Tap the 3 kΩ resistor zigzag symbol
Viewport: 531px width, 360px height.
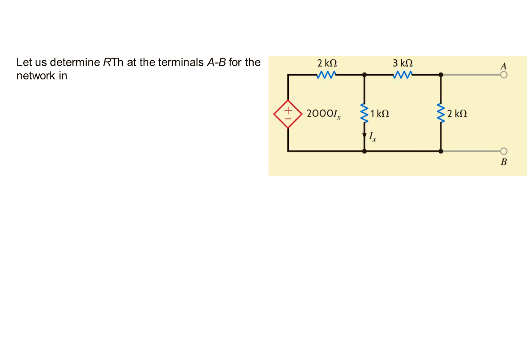tap(402, 75)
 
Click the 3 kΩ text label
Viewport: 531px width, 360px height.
tap(402, 64)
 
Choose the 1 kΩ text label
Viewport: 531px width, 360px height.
tap(379, 114)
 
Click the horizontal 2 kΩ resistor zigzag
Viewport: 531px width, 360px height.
tap(326, 75)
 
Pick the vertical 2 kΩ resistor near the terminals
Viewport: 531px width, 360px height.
tap(441, 112)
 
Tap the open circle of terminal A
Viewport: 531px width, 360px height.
tap(503, 75)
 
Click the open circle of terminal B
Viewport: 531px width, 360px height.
tap(503, 151)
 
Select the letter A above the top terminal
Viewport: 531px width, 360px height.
tap(503, 66)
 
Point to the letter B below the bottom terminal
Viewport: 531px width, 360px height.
tap(503, 162)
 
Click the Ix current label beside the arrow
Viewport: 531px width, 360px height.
tap(372, 136)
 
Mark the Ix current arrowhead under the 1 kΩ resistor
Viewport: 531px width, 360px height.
tap(364, 136)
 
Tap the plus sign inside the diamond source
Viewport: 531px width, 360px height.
tap(288, 110)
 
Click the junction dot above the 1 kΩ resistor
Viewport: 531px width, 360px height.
tap(364, 75)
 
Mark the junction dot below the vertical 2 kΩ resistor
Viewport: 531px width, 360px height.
tap(441, 151)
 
